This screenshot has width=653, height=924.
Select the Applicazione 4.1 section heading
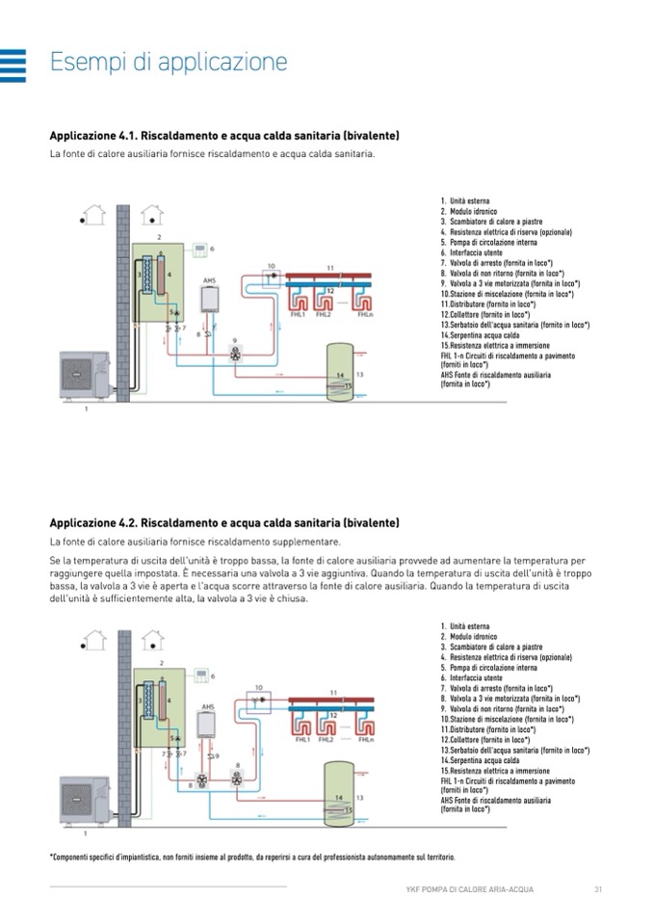pyautogui.click(x=223, y=135)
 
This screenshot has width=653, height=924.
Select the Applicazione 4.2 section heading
pyautogui.click(x=223, y=522)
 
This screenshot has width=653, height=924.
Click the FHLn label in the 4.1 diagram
pyautogui.click(x=365, y=315)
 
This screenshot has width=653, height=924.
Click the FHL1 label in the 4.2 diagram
pyautogui.click(x=300, y=739)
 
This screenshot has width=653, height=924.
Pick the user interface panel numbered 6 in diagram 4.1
pyautogui.click(x=199, y=250)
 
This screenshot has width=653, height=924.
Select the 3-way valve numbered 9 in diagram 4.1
pyautogui.click(x=234, y=354)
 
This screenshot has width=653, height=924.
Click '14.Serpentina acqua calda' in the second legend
pyautogui.click(x=480, y=760)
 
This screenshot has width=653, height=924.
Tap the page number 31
pyautogui.click(x=598, y=887)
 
